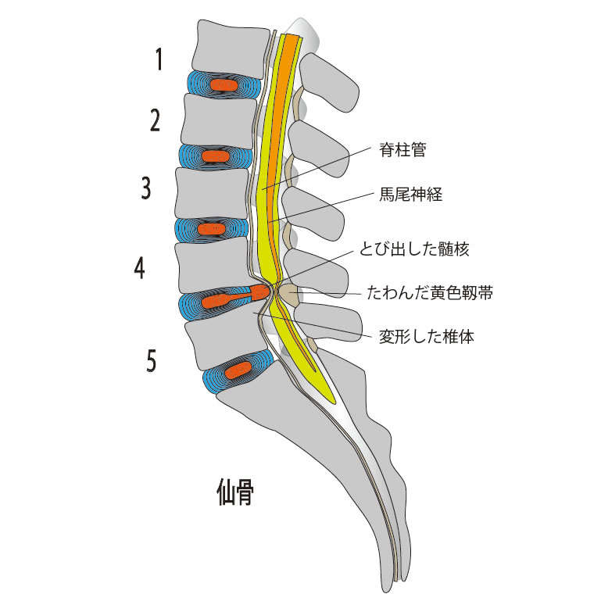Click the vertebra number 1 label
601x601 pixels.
pos(159,59)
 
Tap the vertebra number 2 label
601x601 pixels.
pos(156,121)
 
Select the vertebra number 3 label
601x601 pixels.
pos(146,188)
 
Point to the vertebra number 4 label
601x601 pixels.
pos(139,269)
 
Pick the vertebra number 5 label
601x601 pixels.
pos(152,360)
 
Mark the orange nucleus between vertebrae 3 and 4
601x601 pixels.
pos(211,229)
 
